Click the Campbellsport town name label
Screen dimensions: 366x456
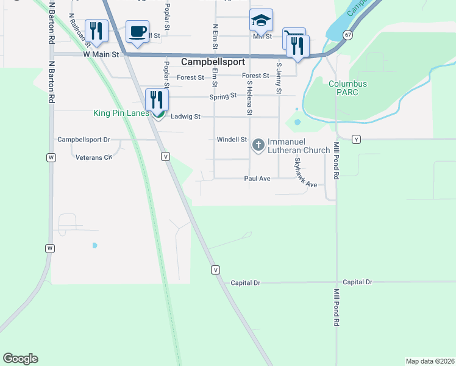[x=213, y=62]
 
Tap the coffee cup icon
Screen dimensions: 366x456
[x=137, y=30]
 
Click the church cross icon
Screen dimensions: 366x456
[x=258, y=145]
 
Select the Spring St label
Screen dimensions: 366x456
[x=222, y=96]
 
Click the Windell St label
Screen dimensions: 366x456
[x=231, y=140]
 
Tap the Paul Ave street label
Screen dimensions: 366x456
[x=257, y=179]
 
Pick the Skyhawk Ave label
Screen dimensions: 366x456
[x=305, y=173]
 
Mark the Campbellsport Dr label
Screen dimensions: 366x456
[x=84, y=140]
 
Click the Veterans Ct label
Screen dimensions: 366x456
[x=94, y=157]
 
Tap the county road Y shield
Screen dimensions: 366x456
[x=357, y=140]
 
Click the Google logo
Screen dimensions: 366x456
[x=20, y=359]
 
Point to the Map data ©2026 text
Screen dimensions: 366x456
[x=429, y=361]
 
